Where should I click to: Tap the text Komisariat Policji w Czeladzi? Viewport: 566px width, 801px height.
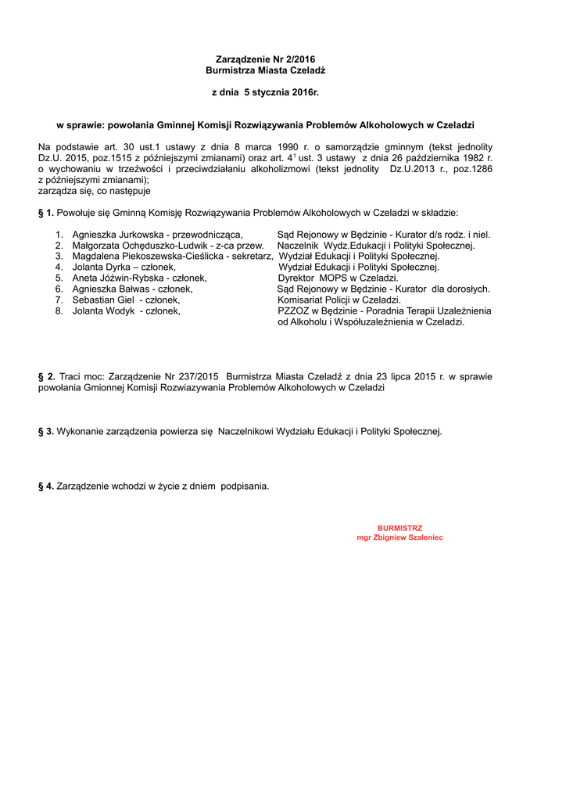click(x=339, y=300)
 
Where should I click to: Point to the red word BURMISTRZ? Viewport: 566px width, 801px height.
click(x=399, y=528)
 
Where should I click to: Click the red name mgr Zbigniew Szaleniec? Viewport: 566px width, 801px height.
click(x=399, y=538)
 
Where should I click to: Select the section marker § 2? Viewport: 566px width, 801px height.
click(x=46, y=376)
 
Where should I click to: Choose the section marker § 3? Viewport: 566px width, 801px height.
click(x=46, y=431)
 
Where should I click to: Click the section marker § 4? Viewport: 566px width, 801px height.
click(x=46, y=486)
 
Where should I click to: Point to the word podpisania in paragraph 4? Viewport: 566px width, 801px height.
click(x=245, y=486)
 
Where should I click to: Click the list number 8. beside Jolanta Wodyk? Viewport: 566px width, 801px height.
click(x=59, y=311)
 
